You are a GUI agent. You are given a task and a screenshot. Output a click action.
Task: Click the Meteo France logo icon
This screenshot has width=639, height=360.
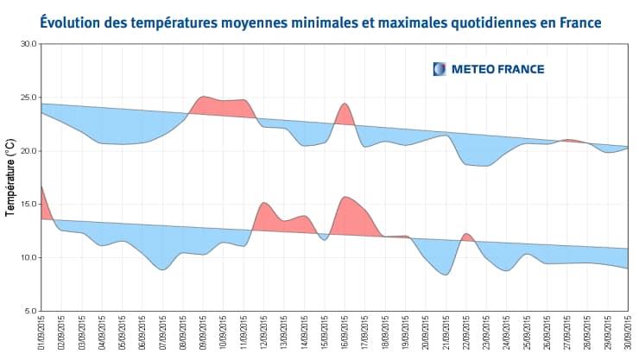[x=440, y=69]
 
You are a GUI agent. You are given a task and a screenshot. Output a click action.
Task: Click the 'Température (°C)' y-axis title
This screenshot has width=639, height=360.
[x=10, y=177]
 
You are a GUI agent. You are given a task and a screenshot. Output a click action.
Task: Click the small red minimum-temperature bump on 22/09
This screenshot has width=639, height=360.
[x=466, y=237]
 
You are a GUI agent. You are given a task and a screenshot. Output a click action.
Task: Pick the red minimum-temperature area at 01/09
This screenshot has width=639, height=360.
[x=45, y=207]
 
